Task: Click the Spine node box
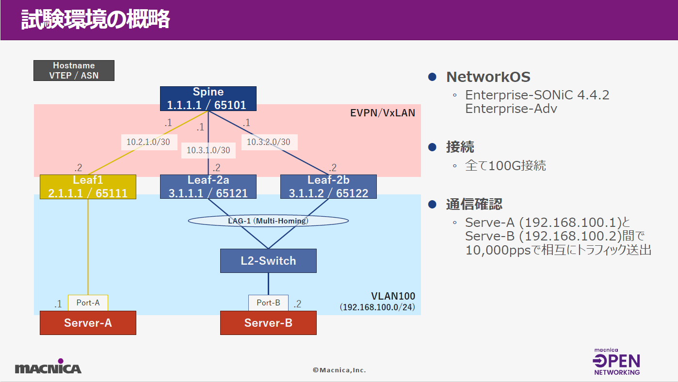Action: pyautogui.click(x=208, y=98)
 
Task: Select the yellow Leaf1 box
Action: pyautogui.click(x=88, y=187)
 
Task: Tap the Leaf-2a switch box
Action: pyautogui.click(x=208, y=187)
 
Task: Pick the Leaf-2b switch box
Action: pyautogui.click(x=328, y=187)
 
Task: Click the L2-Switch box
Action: pyautogui.click(x=269, y=261)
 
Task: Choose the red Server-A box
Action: pyautogui.click(x=88, y=323)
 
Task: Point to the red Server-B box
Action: pyautogui.click(x=269, y=323)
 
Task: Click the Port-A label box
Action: pyautogui.click(x=88, y=303)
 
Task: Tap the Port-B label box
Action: pyautogui.click(x=269, y=303)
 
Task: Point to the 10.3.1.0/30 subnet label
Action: pyautogui.click(x=209, y=150)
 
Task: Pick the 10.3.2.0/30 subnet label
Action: pyautogui.click(x=269, y=142)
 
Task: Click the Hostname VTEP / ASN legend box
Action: pyautogui.click(x=74, y=70)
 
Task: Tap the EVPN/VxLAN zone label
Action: pyautogui.click(x=383, y=113)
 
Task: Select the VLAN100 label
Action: pyautogui.click(x=393, y=296)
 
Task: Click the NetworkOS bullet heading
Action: pyautogui.click(x=488, y=77)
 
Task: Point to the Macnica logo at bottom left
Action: pyautogui.click(x=48, y=366)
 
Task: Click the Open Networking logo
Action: pyautogui.click(x=616, y=362)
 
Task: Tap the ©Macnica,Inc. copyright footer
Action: pyautogui.click(x=339, y=370)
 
